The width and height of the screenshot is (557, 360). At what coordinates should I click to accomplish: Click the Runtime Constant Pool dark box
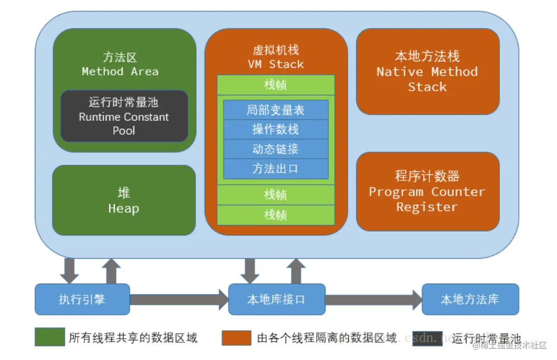tap(124, 116)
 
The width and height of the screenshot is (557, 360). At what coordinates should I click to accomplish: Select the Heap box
tap(124, 200)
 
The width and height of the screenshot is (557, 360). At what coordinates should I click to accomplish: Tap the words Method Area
tap(120, 72)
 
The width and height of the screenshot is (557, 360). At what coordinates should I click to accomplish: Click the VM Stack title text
tap(276, 64)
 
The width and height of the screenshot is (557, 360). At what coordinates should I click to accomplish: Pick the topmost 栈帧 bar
tap(276, 85)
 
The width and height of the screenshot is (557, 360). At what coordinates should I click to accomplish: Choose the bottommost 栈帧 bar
tap(276, 215)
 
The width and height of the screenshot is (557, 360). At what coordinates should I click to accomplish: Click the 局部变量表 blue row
tap(276, 110)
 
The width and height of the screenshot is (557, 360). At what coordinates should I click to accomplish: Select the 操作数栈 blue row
tap(276, 129)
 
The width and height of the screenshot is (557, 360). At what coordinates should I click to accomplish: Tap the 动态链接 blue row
tap(276, 149)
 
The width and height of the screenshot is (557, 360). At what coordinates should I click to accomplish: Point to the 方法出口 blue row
tap(276, 169)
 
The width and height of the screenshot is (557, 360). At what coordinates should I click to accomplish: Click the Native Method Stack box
tap(427, 72)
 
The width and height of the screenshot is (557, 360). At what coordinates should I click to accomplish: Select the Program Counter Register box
tap(427, 192)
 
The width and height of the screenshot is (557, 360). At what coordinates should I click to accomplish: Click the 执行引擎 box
tap(82, 299)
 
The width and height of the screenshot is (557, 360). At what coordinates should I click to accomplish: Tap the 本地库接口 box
tap(276, 299)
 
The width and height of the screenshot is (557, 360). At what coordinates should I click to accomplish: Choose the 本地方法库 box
tap(470, 299)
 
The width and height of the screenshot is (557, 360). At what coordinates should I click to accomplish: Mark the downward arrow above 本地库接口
tap(250, 270)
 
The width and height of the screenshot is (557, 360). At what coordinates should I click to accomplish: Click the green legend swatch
tap(50, 337)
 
